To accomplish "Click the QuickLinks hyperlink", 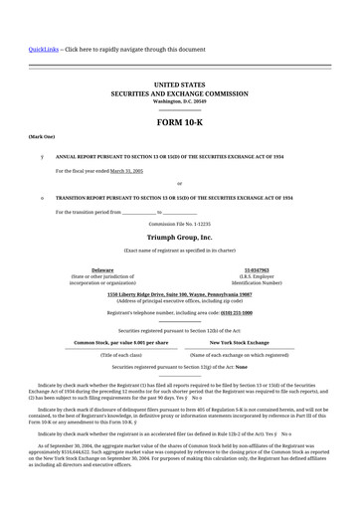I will pyautogui.click(x=43, y=48).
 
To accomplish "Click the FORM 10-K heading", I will pyautogui.click(x=179, y=121).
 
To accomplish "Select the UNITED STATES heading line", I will pyautogui.click(x=179, y=86).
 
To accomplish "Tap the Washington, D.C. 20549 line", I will pyautogui.click(x=179, y=101).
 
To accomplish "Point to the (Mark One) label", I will pyautogui.click(x=42, y=135).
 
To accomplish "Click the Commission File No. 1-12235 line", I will pyautogui.click(x=179, y=225).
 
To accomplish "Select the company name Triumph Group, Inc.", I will pyautogui.click(x=179, y=239).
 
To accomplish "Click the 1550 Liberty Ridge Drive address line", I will pyautogui.click(x=179, y=295).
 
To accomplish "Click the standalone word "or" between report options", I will pyautogui.click(x=179, y=184).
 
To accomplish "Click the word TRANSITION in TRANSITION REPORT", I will pyautogui.click(x=76, y=198).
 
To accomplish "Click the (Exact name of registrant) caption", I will pyautogui.click(x=179, y=251).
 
